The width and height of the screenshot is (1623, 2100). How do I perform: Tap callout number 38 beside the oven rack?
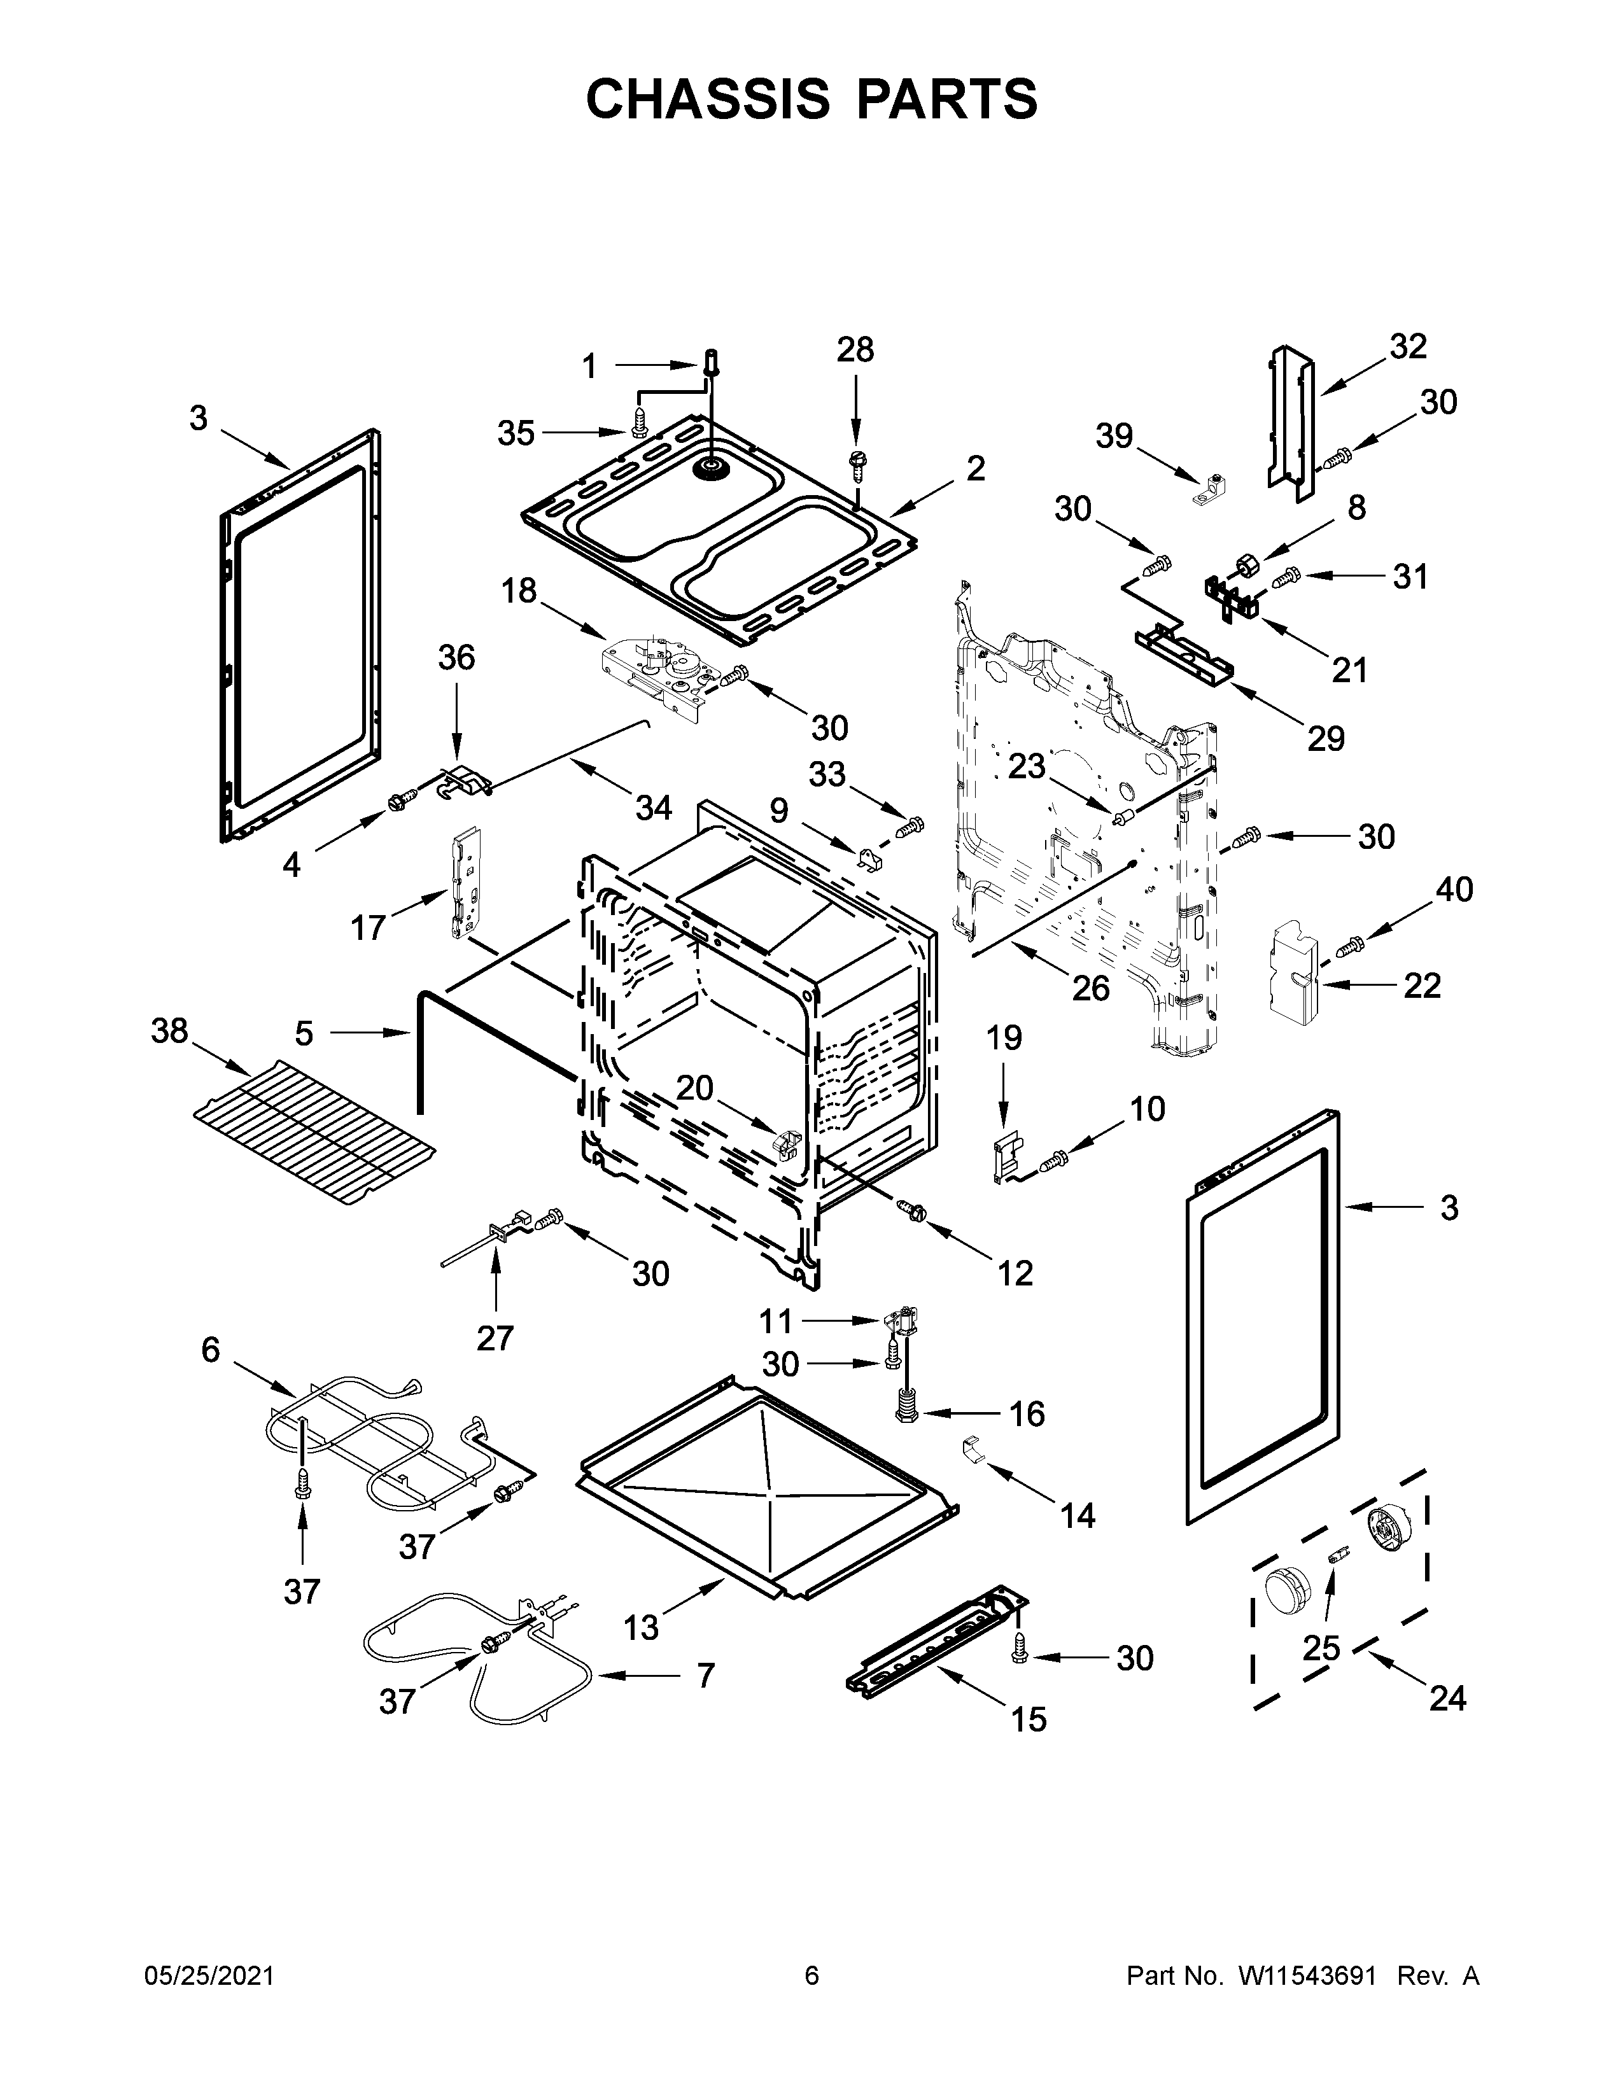coord(169,1031)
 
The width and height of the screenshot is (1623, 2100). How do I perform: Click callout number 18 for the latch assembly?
coord(519,591)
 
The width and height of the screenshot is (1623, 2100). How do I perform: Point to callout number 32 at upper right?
coord(1408,346)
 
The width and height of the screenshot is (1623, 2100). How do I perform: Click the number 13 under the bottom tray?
coord(642,1627)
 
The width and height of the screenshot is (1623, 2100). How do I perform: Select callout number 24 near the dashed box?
coord(1447,1699)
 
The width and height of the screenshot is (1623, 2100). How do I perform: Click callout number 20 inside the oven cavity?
coord(694,1088)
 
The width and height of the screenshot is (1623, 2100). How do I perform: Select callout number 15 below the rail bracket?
coord(1028,1719)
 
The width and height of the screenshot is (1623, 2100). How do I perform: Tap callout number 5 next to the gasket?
coord(304,1033)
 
